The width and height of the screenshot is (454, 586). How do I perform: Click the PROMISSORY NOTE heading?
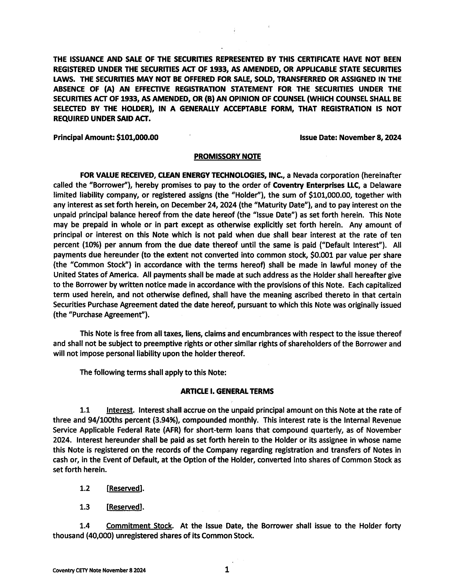(227, 156)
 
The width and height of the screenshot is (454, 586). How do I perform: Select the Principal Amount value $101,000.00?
(137, 138)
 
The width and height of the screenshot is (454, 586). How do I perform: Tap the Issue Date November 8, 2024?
(370, 138)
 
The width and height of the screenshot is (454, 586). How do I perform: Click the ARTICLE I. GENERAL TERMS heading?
(227, 391)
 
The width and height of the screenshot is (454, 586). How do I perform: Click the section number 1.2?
(85, 488)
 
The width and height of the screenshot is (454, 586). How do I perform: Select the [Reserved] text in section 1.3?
(124, 507)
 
